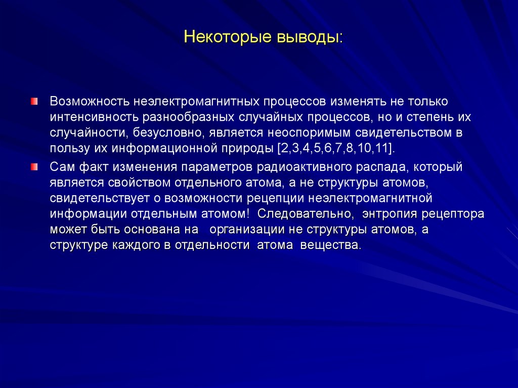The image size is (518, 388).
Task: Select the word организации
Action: point(243,229)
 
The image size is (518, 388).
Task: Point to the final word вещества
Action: point(331,245)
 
